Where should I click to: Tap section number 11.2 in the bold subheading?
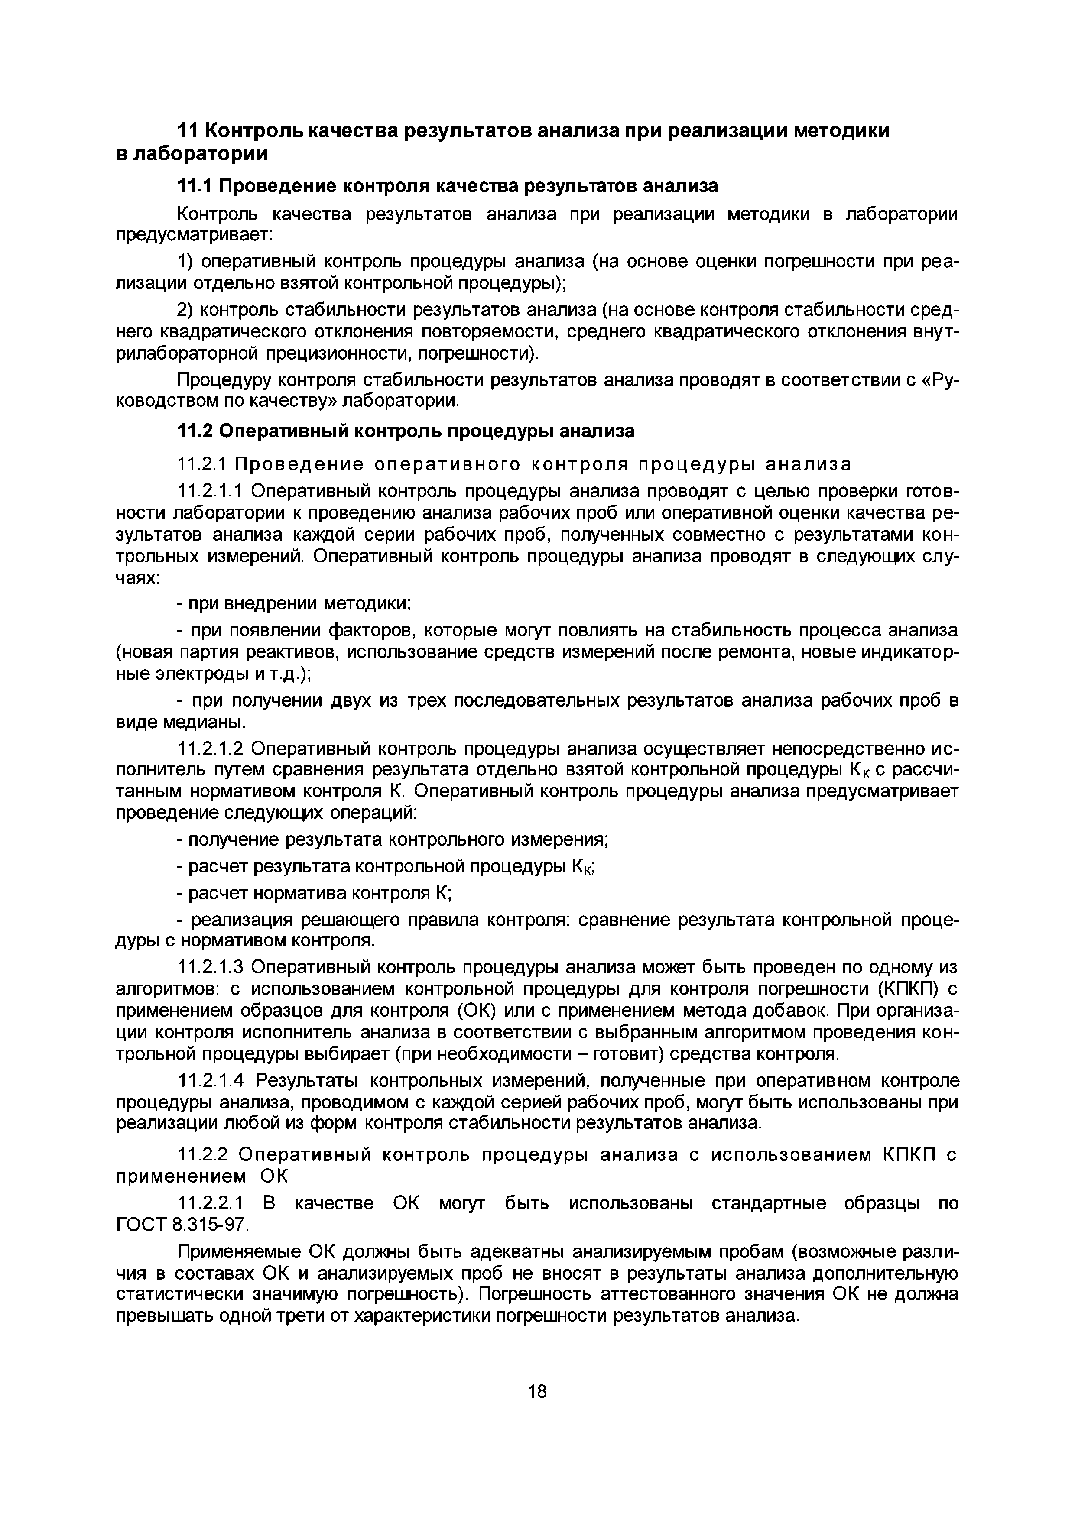[x=194, y=431]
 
